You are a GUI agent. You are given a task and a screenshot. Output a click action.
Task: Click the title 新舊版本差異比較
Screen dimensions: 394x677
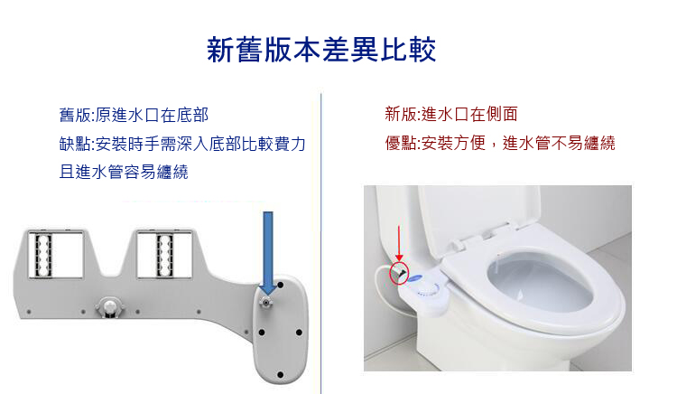click(x=321, y=49)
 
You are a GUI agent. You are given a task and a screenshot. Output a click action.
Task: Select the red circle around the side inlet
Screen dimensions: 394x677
click(x=398, y=271)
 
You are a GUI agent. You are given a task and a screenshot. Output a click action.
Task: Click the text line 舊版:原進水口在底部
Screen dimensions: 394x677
click(x=134, y=115)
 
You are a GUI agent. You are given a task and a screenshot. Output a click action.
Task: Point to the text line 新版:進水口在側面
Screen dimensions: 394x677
click(x=451, y=115)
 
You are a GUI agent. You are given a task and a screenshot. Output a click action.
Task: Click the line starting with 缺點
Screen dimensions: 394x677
click(x=182, y=144)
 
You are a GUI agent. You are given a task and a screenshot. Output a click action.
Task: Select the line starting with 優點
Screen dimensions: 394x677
click(x=500, y=143)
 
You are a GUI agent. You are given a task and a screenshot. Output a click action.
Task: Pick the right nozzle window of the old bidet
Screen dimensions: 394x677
click(x=166, y=256)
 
